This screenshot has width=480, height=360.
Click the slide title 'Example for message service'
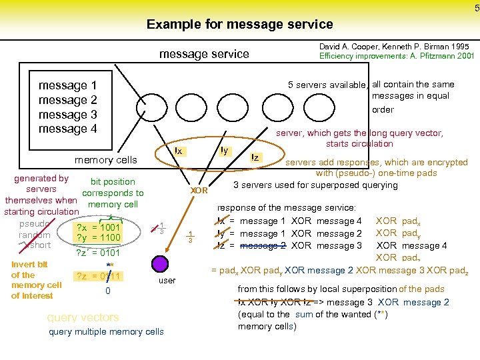[239, 25]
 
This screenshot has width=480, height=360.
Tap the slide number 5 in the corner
[476, 8]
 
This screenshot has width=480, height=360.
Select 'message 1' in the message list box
[68, 85]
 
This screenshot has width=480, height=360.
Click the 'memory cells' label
[105, 160]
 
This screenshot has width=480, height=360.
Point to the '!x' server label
[178, 151]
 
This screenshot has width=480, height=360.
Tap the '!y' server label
[224, 151]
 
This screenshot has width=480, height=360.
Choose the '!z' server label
[255, 157]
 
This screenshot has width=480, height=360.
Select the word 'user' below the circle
[167, 281]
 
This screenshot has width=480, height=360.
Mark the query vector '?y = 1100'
[99, 238]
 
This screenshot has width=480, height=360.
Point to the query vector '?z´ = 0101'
[99, 253]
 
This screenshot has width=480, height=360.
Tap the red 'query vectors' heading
[83, 317]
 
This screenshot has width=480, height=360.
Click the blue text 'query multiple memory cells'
[107, 332]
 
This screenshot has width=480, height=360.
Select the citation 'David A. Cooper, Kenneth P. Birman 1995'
[394, 47]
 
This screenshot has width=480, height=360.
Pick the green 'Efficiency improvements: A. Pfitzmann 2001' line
[397, 57]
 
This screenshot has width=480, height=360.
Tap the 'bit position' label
[113, 181]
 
